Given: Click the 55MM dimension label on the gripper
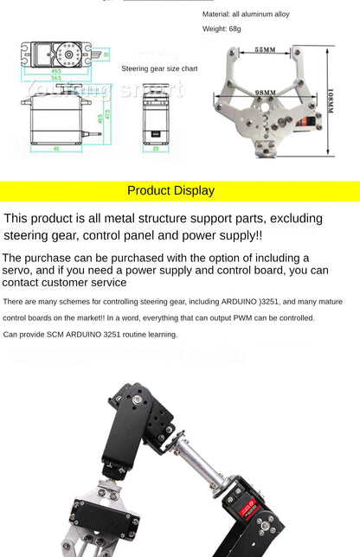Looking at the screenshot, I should (265, 50).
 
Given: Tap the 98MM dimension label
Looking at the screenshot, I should (265, 93).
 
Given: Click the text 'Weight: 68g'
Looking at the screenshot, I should (222, 29).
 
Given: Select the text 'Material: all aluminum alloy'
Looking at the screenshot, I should (246, 15).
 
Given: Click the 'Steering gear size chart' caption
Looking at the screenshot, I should (159, 68).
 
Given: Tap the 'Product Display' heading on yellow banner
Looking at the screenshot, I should (170, 191).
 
